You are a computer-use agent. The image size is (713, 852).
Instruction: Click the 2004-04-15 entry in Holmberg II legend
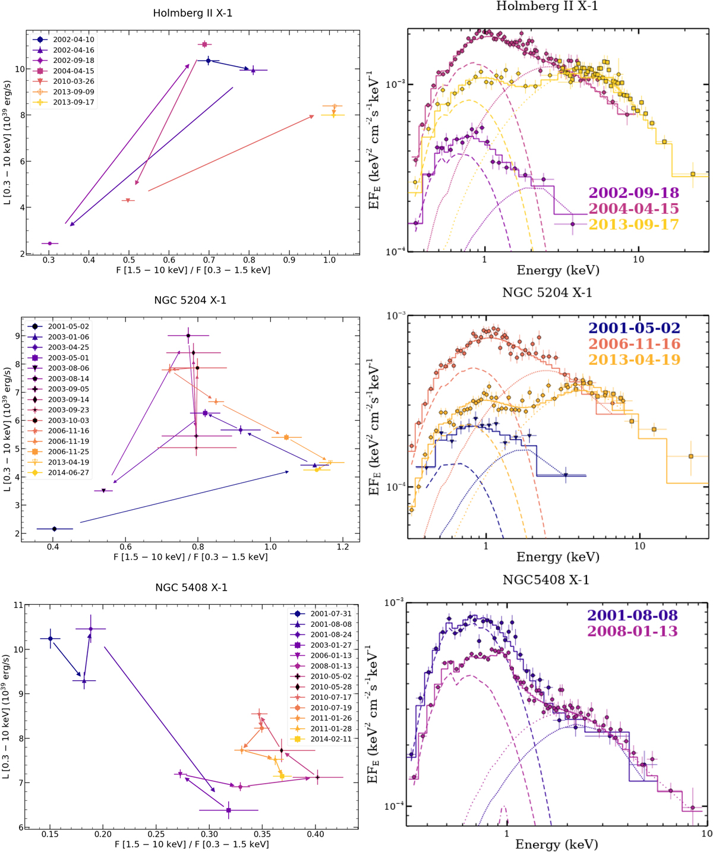point(73,71)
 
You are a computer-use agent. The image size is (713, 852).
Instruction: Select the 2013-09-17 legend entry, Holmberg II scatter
point(73,102)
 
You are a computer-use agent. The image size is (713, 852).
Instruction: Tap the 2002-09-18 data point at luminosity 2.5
point(50,243)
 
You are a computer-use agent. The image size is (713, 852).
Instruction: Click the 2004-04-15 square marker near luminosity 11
point(204,45)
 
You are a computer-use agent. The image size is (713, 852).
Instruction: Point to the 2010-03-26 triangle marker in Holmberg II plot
point(128,201)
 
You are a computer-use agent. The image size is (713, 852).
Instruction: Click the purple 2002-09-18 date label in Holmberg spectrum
point(633,193)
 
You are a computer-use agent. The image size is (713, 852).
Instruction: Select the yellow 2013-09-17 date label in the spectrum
point(633,225)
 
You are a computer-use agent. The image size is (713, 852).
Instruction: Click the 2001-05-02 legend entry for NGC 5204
point(68,326)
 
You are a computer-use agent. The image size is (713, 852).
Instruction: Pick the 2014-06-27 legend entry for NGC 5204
point(68,472)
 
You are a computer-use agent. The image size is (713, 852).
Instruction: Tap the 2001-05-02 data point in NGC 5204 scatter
point(55,529)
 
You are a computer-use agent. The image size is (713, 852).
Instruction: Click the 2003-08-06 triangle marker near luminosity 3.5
point(104,491)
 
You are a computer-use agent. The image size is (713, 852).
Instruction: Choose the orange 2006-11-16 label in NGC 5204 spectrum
point(634,344)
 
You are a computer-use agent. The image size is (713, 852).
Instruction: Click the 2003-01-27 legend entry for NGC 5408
point(331,645)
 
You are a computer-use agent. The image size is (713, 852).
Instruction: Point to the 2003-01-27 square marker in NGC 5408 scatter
point(229,810)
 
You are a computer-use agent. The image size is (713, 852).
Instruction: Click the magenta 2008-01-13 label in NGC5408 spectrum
point(632,631)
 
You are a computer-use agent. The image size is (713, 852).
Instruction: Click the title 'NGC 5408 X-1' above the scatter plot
point(191,588)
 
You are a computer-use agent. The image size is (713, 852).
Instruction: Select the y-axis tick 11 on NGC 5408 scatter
point(17,605)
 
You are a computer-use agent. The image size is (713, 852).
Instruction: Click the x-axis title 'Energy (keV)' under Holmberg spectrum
point(557,271)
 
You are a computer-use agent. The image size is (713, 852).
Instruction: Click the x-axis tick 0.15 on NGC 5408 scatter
point(50,834)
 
